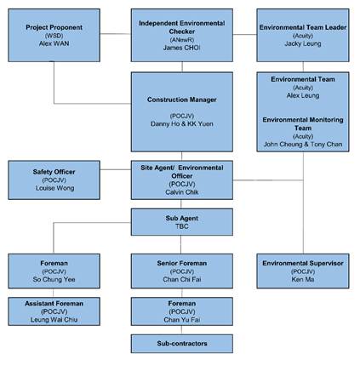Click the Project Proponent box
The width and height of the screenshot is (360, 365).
pos(54,35)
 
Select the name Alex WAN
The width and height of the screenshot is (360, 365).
pos(54,43)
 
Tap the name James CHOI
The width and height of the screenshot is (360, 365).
pos(181,48)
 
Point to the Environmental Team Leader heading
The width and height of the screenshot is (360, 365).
pos(303,27)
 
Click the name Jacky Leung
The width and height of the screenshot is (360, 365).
pos(303,43)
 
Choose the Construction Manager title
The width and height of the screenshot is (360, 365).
pos(182,100)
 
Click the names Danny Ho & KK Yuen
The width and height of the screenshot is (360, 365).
pos(182,124)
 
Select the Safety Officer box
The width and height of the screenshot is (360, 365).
pos(54,180)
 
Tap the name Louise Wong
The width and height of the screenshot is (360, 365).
pos(54,188)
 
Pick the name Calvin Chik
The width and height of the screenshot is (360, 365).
pos(182,192)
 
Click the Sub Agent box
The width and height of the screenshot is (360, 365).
pos(182,222)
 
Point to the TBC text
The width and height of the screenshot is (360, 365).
pos(182,226)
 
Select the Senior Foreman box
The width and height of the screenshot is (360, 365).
pos(182,271)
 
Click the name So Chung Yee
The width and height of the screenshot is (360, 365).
pos(54,279)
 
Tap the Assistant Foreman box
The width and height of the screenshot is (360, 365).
pos(54,311)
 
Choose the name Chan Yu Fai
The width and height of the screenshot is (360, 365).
pos(182,320)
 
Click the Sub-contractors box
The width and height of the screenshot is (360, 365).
pos(182,344)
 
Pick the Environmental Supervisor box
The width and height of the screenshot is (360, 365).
pos(303,271)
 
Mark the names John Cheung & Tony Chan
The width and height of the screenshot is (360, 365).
pos(303,145)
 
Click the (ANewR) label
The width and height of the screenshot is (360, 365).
pos(182,40)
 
